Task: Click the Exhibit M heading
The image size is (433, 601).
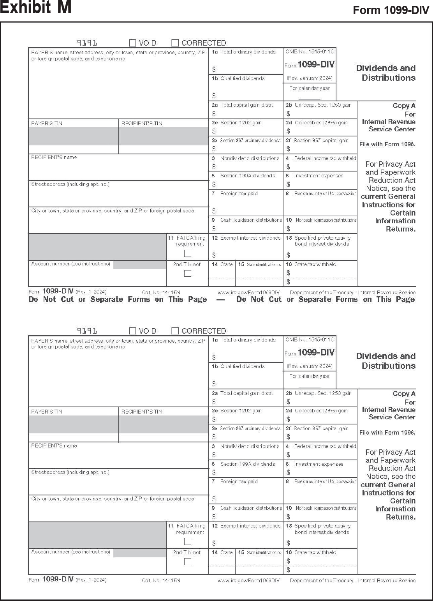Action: (36, 8)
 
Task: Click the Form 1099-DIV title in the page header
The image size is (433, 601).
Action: (391, 11)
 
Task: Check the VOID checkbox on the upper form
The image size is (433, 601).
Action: (133, 43)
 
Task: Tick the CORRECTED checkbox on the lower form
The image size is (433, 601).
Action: (175, 331)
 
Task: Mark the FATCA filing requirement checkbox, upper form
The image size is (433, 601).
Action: (188, 253)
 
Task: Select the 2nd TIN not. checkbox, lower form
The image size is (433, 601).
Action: (188, 562)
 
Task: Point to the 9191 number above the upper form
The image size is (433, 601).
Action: (87, 42)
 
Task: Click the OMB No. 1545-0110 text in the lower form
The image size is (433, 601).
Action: (310, 339)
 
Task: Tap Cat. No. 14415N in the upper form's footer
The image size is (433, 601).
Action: (161, 292)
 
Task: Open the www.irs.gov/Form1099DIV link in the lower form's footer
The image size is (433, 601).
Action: (248, 580)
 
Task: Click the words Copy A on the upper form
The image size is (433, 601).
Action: (404, 106)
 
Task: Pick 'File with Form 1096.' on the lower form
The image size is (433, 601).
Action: (387, 432)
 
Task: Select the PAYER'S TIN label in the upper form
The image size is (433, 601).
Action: (47, 123)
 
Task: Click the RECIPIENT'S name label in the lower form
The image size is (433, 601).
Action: (54, 445)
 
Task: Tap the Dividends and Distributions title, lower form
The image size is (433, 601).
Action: (385, 361)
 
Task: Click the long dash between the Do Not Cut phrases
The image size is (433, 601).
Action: (220, 300)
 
